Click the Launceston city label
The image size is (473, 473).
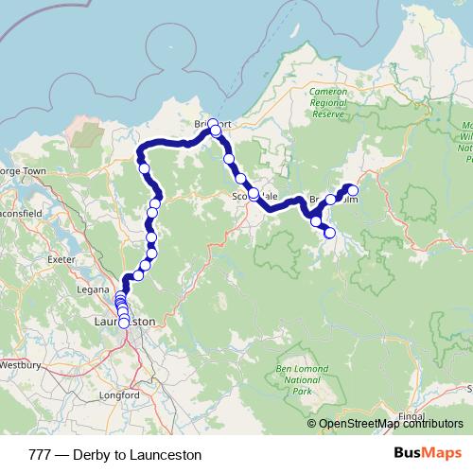(125, 321)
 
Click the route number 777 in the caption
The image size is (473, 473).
(41, 455)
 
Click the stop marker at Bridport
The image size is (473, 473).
(214, 124)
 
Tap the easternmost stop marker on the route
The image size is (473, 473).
(353, 190)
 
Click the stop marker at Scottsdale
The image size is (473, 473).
(254, 193)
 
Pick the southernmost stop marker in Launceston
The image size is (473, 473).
(124, 324)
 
